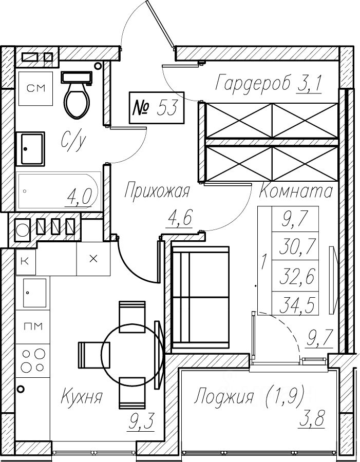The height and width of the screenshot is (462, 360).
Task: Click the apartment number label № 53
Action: click(x=157, y=108)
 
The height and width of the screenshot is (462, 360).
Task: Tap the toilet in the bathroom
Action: click(x=77, y=95)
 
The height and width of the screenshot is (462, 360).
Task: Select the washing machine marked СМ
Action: click(x=35, y=88)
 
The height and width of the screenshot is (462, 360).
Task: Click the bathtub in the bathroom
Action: click(x=59, y=190)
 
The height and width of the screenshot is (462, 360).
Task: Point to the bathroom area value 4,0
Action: click(x=78, y=197)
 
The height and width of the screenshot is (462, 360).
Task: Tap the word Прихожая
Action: click(x=157, y=191)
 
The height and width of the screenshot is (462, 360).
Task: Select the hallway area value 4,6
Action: click(x=180, y=218)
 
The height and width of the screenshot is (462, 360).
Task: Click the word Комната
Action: click(x=296, y=191)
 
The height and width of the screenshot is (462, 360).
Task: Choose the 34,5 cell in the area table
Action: click(x=295, y=305)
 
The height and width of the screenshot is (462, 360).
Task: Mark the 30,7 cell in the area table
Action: click(x=295, y=246)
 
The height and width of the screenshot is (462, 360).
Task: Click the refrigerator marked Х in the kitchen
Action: click(x=93, y=259)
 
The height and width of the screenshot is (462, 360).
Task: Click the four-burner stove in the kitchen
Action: click(x=33, y=360)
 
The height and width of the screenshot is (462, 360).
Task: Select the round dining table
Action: click(x=132, y=352)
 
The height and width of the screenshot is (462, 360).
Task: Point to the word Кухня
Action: click(x=82, y=397)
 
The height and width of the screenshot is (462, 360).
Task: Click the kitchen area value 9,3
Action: click(x=141, y=422)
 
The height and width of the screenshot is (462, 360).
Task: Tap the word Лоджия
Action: click(x=224, y=397)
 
